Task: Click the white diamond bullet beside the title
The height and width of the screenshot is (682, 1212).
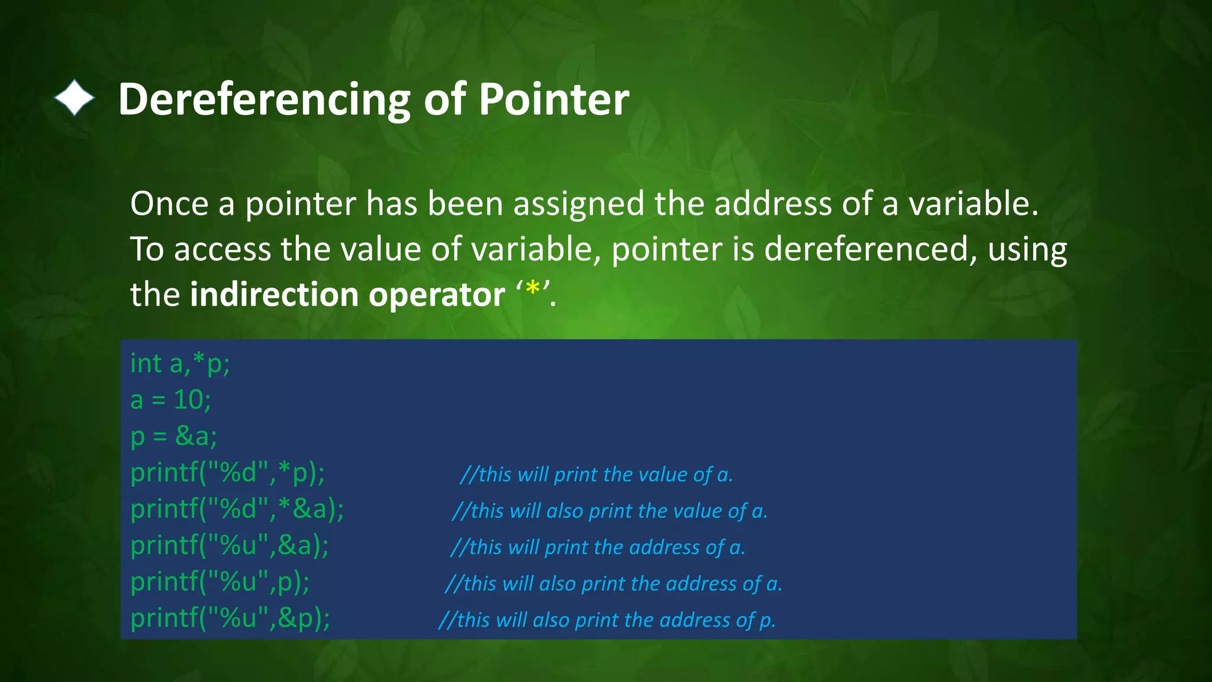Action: click(75, 98)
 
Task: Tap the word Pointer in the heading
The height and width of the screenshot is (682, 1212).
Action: click(553, 99)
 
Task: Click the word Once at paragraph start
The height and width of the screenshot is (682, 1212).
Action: click(169, 204)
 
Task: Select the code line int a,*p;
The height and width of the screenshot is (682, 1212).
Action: click(180, 363)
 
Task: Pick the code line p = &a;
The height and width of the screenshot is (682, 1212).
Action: click(173, 436)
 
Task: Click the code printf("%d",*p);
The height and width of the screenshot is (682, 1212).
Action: click(227, 473)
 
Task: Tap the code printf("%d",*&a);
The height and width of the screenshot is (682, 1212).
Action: click(237, 509)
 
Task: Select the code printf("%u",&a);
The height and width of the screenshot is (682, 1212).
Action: click(229, 545)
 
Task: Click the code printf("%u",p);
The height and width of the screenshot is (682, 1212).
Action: click(220, 582)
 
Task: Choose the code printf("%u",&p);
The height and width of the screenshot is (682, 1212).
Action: click(230, 618)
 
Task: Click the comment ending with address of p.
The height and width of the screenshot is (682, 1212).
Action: click(607, 620)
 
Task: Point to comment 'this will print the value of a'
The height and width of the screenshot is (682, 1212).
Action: click(597, 475)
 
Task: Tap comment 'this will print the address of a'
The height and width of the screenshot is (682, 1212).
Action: click(598, 548)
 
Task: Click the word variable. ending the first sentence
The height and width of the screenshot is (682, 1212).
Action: click(973, 204)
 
